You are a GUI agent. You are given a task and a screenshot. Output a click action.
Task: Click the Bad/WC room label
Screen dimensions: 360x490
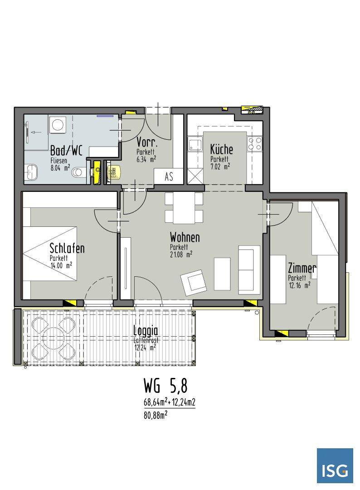point(67,151)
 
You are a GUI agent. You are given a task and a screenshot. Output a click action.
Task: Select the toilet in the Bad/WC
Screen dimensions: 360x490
point(79,172)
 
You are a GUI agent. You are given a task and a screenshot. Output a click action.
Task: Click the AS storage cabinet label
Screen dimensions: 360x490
point(169,177)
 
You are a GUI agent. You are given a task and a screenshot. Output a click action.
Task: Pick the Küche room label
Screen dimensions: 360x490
point(221,149)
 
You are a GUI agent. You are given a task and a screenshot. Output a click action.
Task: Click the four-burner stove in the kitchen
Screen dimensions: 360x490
point(254,144)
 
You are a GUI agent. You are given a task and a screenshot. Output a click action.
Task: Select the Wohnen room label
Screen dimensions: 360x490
point(185,237)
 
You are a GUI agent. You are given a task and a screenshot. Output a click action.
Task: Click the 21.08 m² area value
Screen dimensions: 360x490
point(181,255)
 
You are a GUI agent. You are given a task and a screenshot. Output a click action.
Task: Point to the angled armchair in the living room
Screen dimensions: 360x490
point(194,283)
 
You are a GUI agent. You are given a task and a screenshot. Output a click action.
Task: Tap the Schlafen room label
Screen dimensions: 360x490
point(67,249)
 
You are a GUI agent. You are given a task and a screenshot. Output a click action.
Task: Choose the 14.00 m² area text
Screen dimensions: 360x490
point(61,265)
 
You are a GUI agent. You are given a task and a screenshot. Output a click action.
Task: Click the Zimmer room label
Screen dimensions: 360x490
point(302,268)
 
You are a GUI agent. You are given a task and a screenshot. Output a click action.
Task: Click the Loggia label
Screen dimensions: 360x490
point(146,331)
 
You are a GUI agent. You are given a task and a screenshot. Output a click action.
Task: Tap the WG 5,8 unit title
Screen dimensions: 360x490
point(165,386)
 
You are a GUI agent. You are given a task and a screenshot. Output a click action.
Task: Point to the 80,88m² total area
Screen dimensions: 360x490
point(155,416)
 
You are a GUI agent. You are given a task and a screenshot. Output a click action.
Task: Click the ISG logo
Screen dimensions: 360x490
point(335,465)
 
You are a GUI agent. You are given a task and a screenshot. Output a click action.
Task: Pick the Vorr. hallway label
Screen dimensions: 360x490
point(147,142)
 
